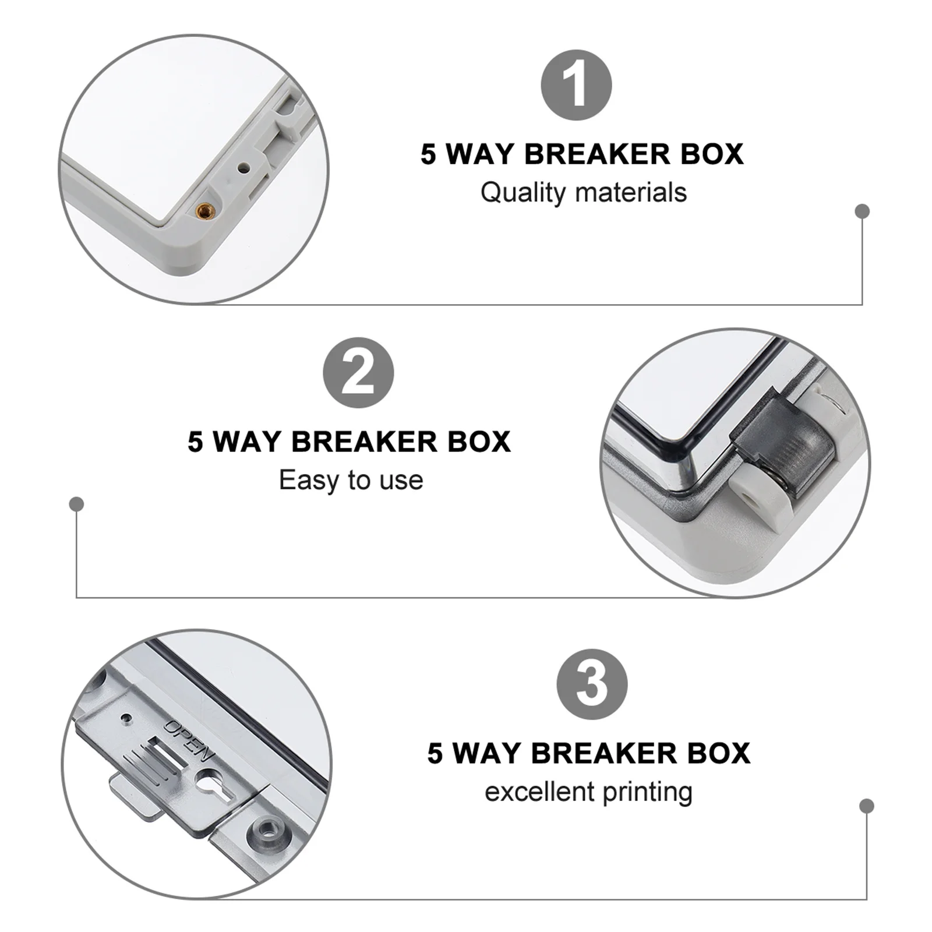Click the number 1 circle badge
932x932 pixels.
pos(576,86)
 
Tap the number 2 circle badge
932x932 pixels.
pos(358,373)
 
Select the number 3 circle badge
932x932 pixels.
pos(591,684)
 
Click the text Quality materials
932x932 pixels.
pos(583,193)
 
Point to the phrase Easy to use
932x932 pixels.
pos(351,481)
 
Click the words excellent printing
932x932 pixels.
pos(588,792)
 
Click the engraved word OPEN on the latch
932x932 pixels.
pos(189,740)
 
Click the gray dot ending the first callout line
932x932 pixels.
pos(862,211)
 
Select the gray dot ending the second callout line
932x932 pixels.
pos(76,504)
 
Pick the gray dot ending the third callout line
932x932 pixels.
pos(866,806)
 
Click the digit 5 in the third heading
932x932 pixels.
pos(435,754)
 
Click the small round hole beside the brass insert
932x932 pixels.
pos(243,168)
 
